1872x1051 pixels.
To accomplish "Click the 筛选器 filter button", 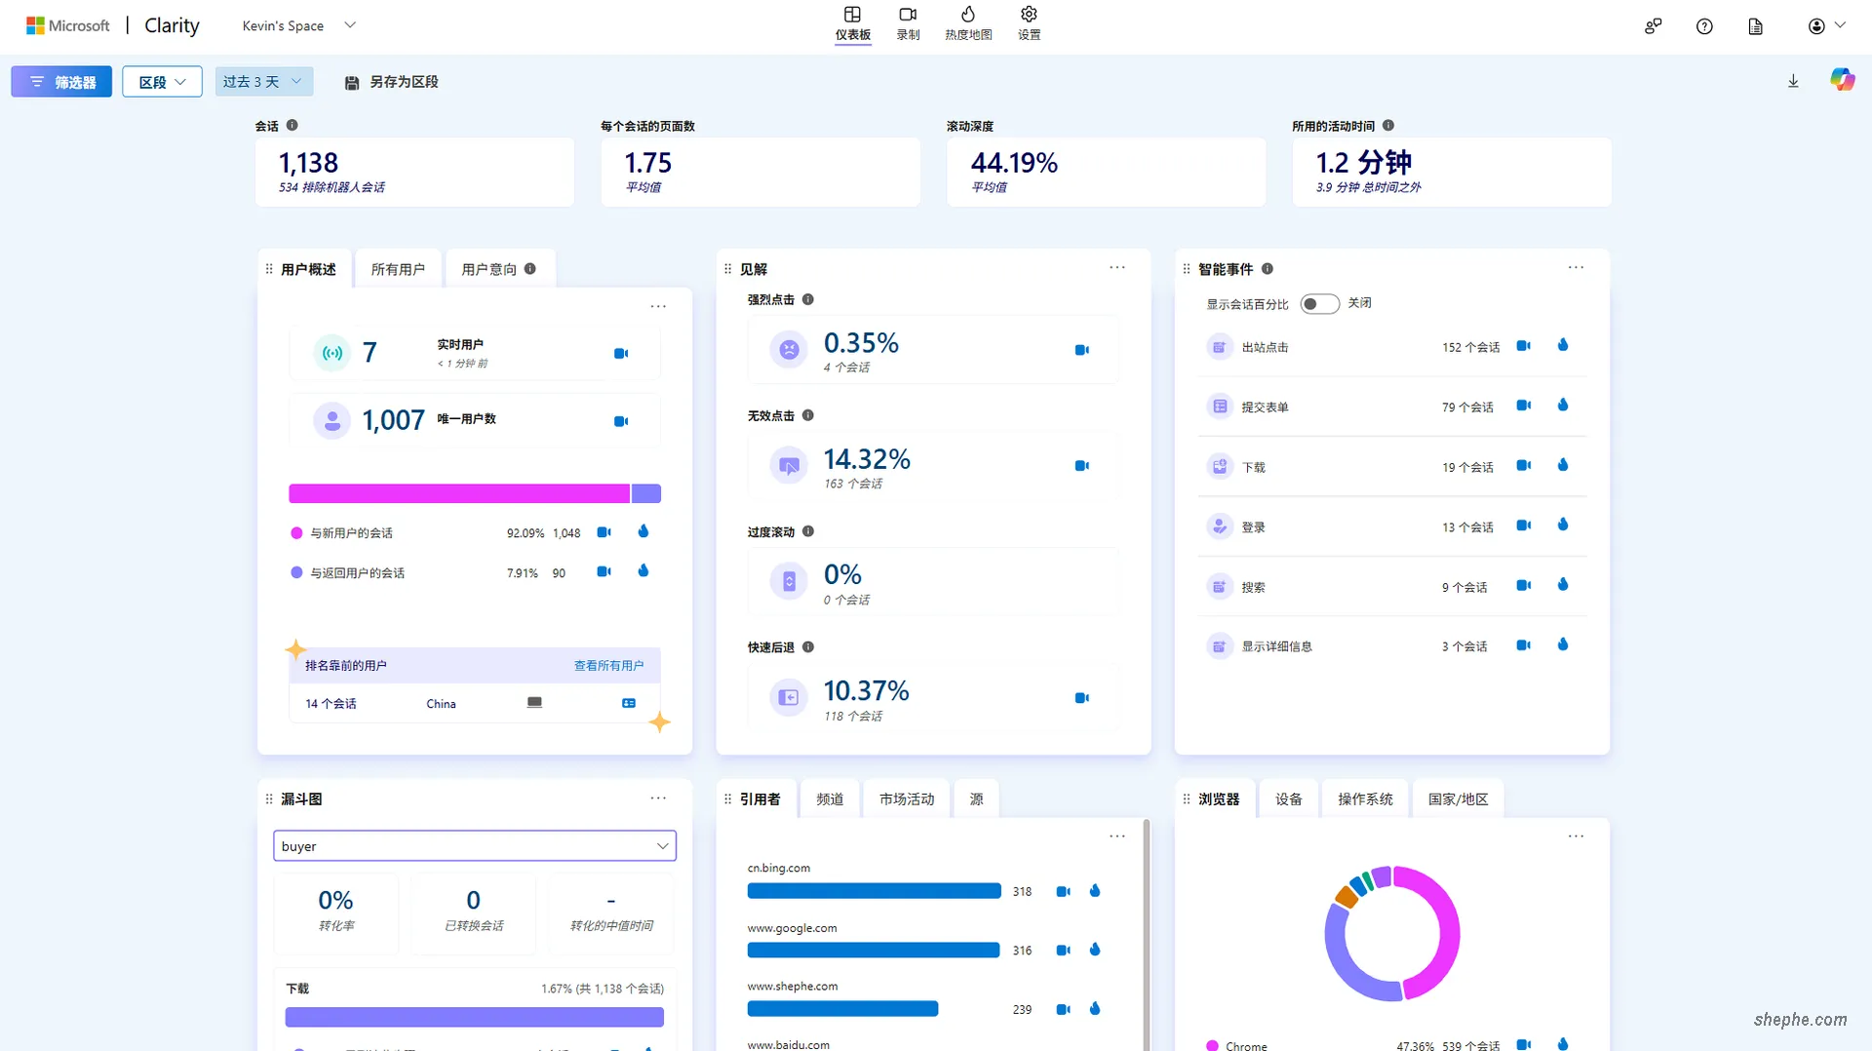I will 61,82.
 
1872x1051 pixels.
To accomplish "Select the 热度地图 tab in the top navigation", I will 967,23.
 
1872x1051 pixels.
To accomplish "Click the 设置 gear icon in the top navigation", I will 1029,16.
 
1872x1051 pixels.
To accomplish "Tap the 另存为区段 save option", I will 392,82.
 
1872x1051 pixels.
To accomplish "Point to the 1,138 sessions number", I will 308,163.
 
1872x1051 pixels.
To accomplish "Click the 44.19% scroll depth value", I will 1014,163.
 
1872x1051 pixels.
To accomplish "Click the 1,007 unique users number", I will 393,420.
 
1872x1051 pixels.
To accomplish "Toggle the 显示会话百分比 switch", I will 1319,304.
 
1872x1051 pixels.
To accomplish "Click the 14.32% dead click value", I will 867,459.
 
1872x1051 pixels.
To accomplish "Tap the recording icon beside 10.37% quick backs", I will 1081,698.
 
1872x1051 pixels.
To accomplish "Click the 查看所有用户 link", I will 608,666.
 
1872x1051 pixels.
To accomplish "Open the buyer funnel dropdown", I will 475,846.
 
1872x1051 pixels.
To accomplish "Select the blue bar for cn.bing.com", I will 874,891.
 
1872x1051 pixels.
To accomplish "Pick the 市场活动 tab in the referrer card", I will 907,799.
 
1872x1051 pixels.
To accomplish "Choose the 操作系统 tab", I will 1365,799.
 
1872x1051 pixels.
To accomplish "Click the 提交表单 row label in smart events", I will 1265,408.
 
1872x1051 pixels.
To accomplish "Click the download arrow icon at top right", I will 1793,82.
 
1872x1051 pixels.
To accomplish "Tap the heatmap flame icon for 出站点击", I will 1563,346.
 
